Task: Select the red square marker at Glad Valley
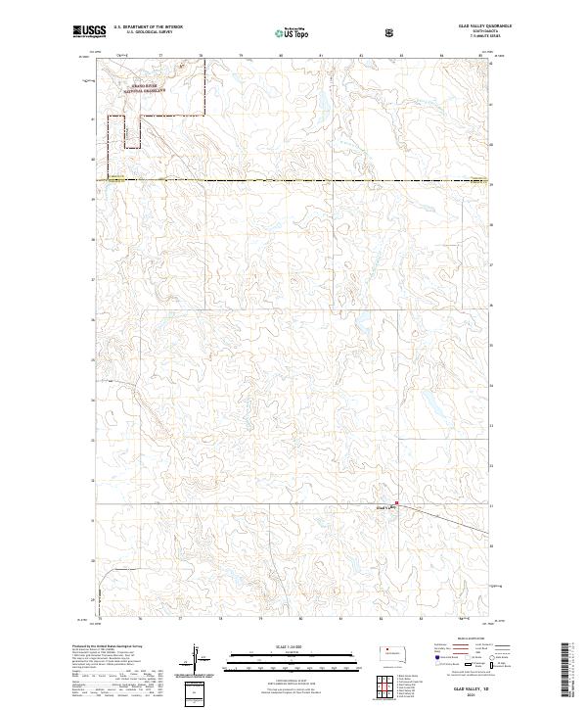[x=396, y=505]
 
